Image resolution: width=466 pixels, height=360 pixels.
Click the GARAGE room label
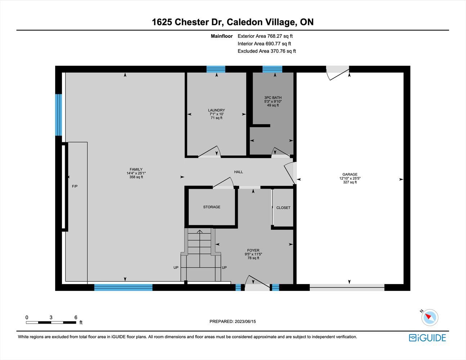350,175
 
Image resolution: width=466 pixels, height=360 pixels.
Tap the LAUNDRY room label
216,110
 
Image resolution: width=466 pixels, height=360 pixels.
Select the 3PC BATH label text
273,98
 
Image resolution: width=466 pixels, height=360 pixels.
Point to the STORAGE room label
212,207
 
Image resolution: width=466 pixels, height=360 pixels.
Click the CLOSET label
283,208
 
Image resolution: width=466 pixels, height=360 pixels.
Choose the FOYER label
253,250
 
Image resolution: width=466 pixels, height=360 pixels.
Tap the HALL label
238,172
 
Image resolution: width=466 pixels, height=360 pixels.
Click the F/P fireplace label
75,186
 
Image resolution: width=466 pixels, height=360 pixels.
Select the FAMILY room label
136,169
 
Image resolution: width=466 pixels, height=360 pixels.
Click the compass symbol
430,318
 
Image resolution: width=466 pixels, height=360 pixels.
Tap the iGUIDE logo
427,338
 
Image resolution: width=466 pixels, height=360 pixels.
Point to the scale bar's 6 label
76,318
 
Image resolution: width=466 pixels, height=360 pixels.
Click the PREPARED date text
233,321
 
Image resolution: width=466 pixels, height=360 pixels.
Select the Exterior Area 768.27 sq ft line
265,36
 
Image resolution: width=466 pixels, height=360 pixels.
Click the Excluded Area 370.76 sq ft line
267,51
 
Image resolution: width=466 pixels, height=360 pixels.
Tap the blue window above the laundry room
216,69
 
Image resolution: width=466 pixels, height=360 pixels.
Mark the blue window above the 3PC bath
272,69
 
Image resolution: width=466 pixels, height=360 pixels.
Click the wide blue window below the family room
123,287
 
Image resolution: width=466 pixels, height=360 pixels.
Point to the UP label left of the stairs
176,267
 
